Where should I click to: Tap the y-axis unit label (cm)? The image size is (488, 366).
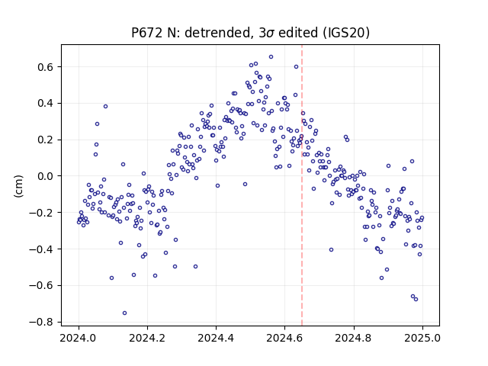tap(18, 186)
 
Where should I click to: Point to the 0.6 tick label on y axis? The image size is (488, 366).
tap(46, 67)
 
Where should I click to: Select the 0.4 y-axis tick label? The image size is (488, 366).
tap(46, 104)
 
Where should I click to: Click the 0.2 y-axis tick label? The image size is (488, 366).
tap(46, 140)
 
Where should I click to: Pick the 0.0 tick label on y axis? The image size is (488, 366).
tap(46, 176)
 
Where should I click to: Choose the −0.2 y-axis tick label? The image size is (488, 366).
tap(42, 213)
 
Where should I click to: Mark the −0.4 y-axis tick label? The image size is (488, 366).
tap(42, 249)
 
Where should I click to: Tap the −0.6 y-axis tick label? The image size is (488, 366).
tap(42, 285)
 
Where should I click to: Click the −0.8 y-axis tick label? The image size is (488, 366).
tap(42, 322)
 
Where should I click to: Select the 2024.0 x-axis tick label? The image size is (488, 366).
tap(79, 338)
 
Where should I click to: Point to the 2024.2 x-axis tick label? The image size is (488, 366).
tap(147, 338)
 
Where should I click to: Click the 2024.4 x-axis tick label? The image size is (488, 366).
tap(216, 338)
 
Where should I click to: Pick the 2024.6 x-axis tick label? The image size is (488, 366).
tap(284, 338)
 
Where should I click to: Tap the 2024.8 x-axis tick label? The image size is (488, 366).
tap(354, 338)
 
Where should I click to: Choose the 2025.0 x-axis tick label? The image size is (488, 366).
tap(422, 338)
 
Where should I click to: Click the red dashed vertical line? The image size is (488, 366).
tap(302, 185)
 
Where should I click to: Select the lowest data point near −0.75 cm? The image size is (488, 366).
tap(124, 313)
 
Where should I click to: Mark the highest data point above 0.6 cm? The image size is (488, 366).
tap(271, 57)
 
